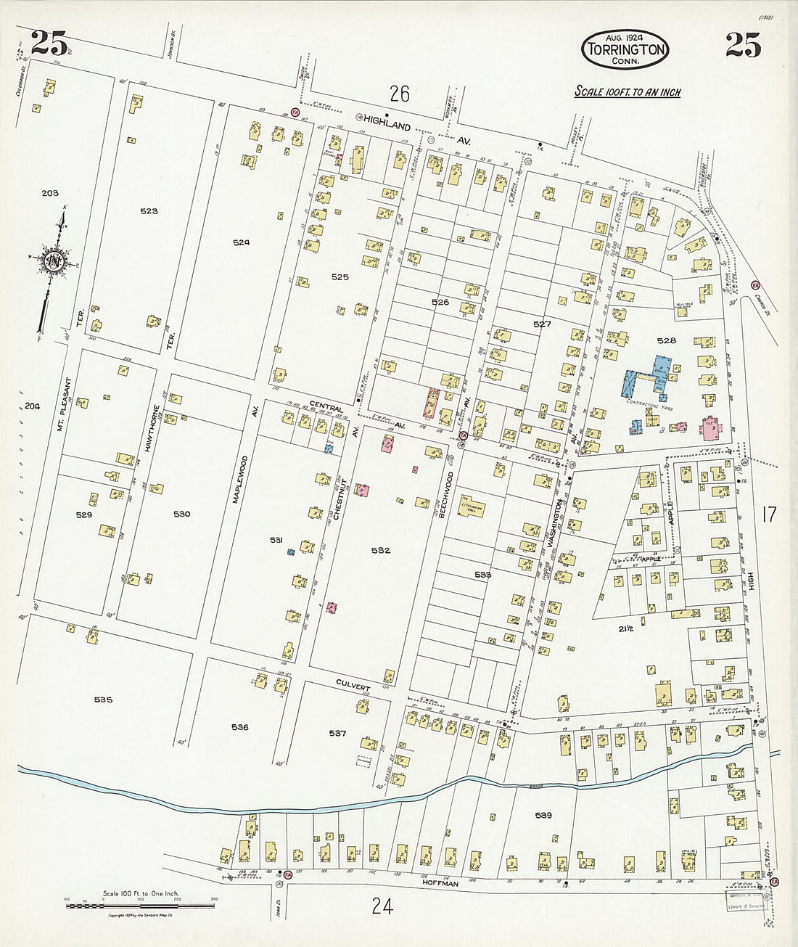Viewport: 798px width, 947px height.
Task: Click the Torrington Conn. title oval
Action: [x=624, y=49]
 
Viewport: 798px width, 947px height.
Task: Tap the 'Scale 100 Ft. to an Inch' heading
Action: [x=628, y=92]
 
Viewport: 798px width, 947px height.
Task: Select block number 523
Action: [x=149, y=210]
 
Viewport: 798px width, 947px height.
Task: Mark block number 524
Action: [x=241, y=243]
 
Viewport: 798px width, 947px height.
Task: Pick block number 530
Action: [x=181, y=514]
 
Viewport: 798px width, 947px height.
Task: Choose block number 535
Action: [x=103, y=700]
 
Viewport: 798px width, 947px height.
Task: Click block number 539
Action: [x=544, y=815]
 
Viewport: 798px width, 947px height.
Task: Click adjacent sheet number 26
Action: [x=399, y=94]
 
